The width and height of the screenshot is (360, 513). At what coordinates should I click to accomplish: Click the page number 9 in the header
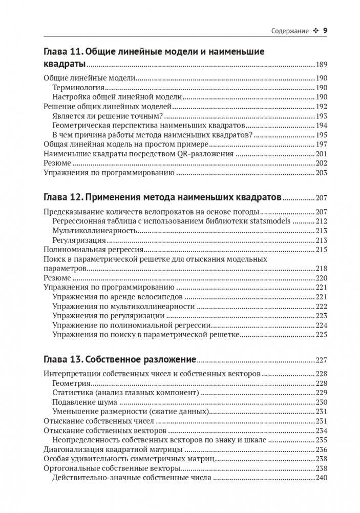click(x=325, y=31)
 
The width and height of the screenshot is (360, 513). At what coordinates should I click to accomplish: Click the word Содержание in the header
click(x=290, y=32)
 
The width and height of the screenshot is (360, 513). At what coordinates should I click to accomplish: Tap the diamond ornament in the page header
click(x=315, y=32)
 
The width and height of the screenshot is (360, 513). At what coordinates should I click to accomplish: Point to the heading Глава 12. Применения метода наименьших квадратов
click(x=162, y=197)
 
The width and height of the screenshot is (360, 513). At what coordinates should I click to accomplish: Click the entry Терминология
click(x=78, y=88)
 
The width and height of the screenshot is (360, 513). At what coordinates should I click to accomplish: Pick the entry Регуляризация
click(x=79, y=240)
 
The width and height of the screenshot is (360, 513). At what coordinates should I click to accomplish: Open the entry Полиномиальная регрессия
click(x=94, y=250)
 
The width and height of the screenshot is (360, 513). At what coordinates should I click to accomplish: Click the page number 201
click(x=322, y=154)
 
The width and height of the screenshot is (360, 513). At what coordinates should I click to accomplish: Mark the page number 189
click(x=322, y=65)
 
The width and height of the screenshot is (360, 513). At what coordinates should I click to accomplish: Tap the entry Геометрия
click(x=72, y=383)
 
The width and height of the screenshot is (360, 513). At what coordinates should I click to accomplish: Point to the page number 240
click(x=322, y=478)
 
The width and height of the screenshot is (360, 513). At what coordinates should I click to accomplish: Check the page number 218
click(x=322, y=269)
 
